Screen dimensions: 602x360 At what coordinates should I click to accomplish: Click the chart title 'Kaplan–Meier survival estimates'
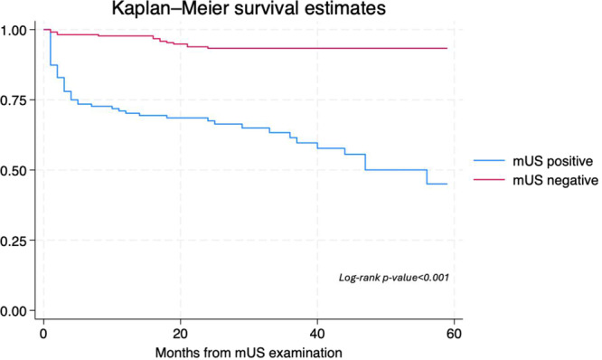tap(249, 8)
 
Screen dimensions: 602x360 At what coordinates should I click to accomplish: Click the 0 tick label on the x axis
tap(43, 334)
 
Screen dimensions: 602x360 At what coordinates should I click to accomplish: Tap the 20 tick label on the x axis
tap(181, 334)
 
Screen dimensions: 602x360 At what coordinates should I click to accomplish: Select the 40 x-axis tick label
tap(317, 334)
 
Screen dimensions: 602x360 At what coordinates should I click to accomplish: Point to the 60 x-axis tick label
tap(454, 334)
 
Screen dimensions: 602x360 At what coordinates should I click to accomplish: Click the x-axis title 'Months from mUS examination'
tap(249, 353)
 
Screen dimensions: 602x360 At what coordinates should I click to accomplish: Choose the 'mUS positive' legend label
tap(553, 161)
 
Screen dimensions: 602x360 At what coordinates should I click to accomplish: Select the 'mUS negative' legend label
tap(555, 180)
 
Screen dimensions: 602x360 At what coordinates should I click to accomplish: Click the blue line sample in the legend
tap(489, 161)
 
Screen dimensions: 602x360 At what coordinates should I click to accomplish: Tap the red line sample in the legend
tap(489, 179)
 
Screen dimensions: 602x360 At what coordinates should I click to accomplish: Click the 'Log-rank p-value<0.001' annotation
tap(394, 278)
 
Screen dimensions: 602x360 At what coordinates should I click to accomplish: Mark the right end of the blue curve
tap(447, 184)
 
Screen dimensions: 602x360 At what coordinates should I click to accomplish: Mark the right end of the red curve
tap(447, 49)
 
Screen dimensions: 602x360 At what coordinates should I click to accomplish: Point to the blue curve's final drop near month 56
tap(427, 176)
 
